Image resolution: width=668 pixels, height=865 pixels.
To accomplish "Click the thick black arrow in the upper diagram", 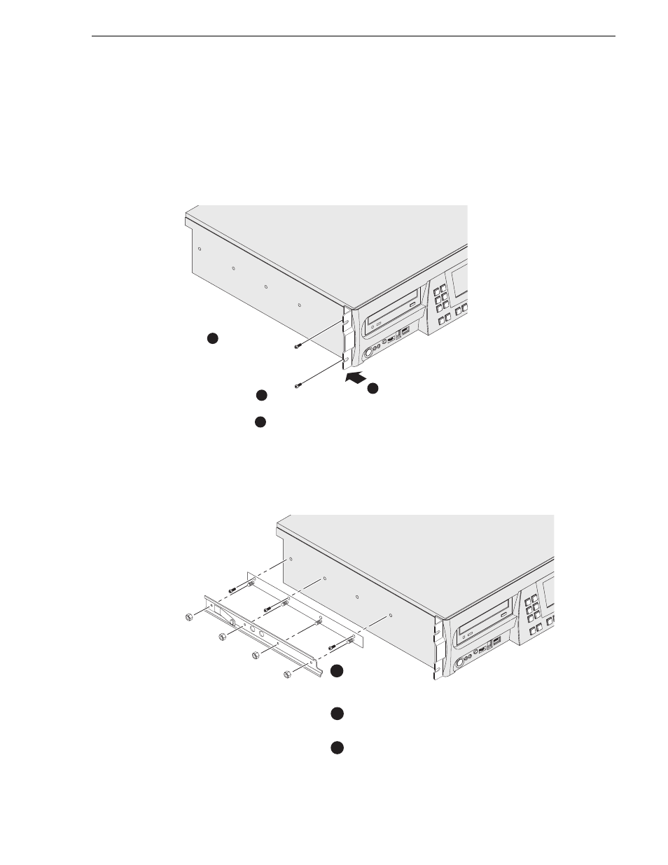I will pos(356,378).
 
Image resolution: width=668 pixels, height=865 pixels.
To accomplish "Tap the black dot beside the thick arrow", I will pos(373,388).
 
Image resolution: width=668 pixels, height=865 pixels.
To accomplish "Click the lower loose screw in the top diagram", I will pos(299,384).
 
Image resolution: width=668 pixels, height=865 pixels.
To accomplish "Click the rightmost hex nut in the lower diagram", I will pos(288,674).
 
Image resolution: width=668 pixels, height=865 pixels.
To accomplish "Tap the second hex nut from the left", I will pos(222,637).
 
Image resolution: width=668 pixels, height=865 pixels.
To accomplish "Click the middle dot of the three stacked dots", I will pos(337,714).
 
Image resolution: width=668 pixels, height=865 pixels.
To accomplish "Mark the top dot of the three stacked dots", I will pos(337,671).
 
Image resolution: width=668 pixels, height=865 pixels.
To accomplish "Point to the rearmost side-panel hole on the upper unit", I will pos(200,249).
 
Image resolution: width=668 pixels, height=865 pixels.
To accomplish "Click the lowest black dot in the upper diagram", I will pos(259,422).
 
